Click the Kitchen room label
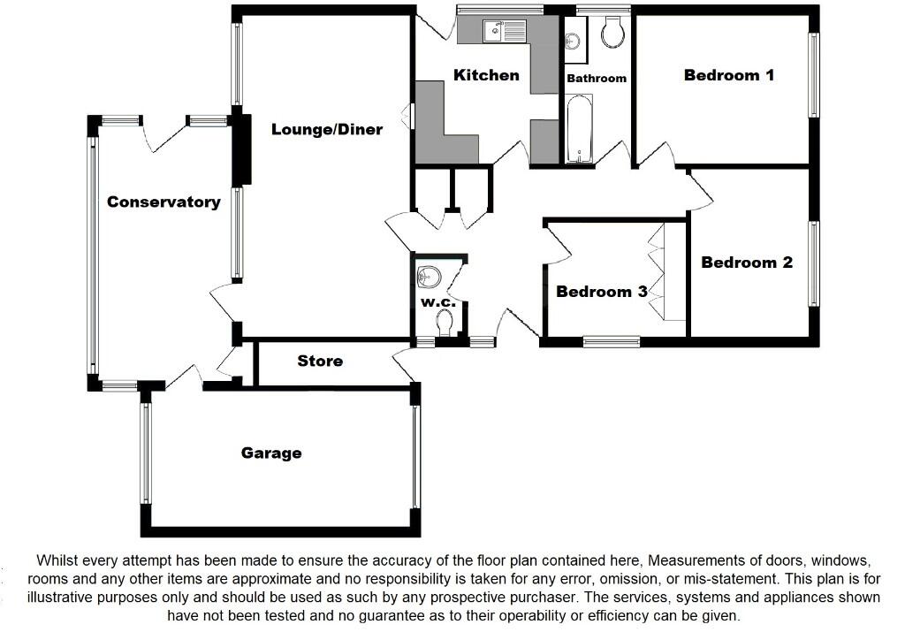pos(486,75)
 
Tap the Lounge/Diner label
pos(326,130)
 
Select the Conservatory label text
pos(164,202)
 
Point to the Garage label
pos(271,453)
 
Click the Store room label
pos(320,362)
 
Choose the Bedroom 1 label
pos(728,75)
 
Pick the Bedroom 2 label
pos(747,263)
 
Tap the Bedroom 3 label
pos(601,292)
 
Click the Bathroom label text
pos(597,79)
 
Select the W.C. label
pos(437,303)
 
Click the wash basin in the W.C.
pos(427,277)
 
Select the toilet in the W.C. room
pos(445,325)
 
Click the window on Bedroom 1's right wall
pos(813,75)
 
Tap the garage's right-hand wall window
pos(415,457)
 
